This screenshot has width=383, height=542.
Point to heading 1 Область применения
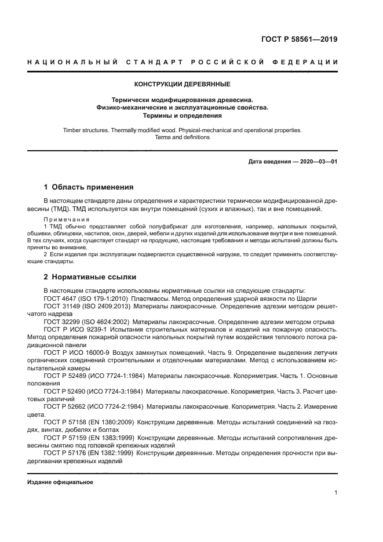pos(89,187)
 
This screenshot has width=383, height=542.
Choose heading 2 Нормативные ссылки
pos(90,277)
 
